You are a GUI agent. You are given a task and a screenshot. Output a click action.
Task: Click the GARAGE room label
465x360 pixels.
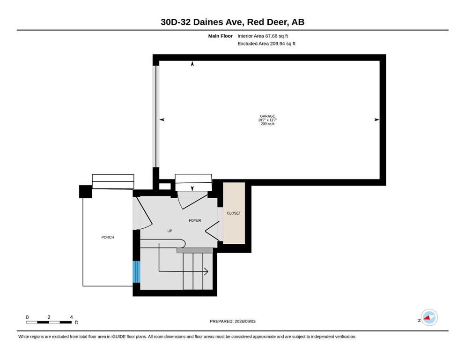tap(267, 116)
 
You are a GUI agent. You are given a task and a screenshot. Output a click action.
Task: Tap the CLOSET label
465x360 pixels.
tap(234, 213)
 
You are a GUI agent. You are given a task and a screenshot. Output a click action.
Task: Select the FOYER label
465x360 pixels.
tap(195, 220)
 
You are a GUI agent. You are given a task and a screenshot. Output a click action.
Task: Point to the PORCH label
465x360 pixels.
tap(108, 237)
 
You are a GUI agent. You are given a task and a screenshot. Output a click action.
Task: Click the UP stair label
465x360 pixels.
tap(170, 231)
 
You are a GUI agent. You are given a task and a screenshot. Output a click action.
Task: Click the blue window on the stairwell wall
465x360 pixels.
tap(136, 271)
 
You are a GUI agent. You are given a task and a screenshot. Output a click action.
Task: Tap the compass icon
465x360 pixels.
tap(429, 317)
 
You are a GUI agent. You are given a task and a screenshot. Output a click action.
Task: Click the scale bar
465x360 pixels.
tap(49, 322)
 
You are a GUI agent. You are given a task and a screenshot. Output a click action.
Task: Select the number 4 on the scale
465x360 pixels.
tap(71, 317)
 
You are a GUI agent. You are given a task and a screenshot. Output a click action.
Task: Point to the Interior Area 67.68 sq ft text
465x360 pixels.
tap(262, 36)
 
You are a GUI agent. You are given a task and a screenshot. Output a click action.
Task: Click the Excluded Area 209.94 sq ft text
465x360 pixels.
tap(266, 43)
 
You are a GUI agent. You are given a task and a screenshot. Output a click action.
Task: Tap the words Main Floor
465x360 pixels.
tap(221, 36)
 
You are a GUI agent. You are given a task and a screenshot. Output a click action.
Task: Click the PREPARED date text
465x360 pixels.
tap(232, 321)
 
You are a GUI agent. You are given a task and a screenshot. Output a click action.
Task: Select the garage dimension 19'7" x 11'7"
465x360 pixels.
tap(267, 120)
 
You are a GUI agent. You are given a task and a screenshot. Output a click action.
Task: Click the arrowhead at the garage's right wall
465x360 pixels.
tap(377, 120)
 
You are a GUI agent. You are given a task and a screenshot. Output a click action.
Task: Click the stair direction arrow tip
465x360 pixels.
tap(208, 271)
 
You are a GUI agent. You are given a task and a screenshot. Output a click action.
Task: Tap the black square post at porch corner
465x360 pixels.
tap(85, 191)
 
